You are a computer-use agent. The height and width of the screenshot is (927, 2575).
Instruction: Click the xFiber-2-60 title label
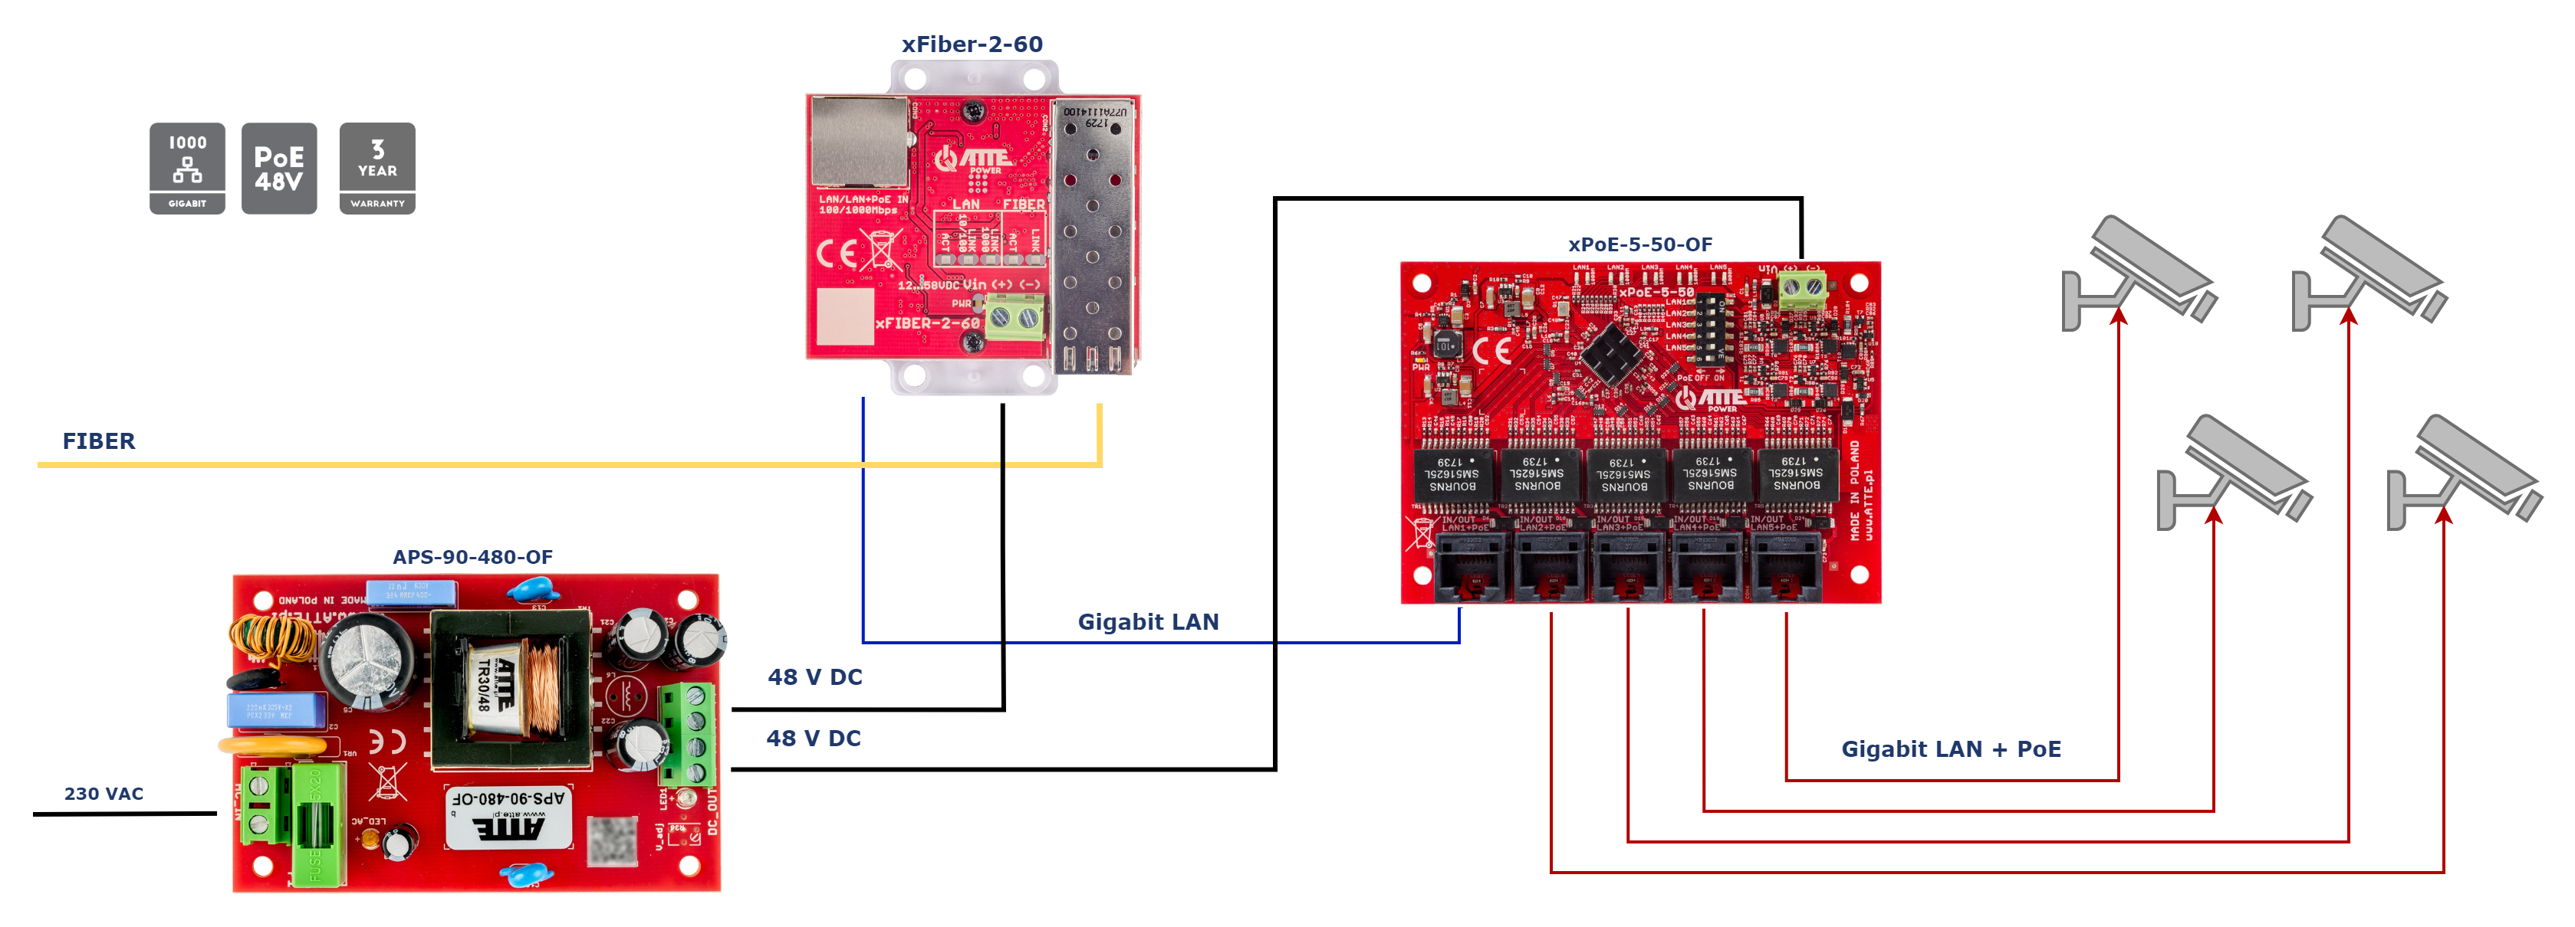click(972, 44)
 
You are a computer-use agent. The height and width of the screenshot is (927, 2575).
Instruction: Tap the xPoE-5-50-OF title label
click(1639, 244)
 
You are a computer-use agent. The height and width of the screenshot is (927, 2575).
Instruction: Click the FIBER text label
click(98, 441)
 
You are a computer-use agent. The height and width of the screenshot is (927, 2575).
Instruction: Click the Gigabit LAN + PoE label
click(1950, 748)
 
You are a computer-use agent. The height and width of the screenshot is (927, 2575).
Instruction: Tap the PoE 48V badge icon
click(279, 169)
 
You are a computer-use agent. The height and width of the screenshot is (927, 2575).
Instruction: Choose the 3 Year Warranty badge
click(377, 169)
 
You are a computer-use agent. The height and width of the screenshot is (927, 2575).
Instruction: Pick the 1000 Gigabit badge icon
click(187, 169)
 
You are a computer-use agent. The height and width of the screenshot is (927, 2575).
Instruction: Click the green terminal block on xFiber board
click(1014, 319)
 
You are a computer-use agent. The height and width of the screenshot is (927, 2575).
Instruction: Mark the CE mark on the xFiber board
click(836, 254)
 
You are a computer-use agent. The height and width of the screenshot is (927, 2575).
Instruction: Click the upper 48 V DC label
click(814, 676)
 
